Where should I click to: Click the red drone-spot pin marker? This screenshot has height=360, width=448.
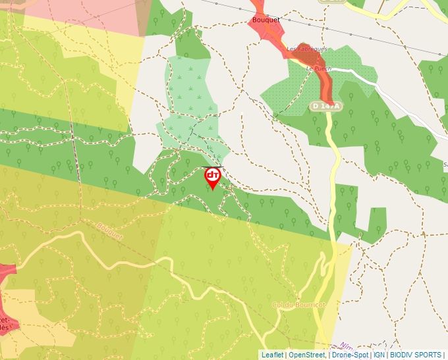[x=212, y=177]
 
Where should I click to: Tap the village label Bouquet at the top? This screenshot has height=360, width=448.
[x=266, y=20]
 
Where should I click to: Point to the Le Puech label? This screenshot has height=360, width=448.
[x=318, y=67]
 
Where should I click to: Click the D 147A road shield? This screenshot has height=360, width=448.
[x=327, y=106]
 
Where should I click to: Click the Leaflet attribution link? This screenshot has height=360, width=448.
[x=272, y=355]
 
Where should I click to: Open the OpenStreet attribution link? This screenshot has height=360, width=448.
[x=307, y=355]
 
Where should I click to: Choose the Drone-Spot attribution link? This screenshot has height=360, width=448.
[x=350, y=355]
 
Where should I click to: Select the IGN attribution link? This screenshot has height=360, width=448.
[x=379, y=355]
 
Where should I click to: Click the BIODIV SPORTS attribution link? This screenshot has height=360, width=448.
[x=416, y=355]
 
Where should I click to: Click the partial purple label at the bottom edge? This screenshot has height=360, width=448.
[x=347, y=346]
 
